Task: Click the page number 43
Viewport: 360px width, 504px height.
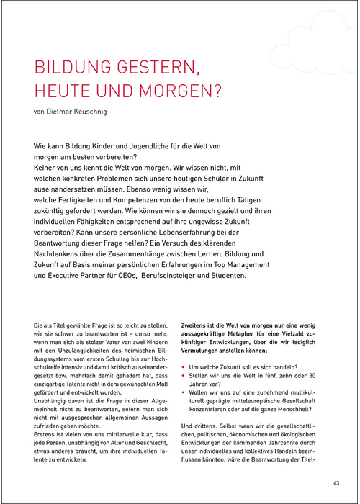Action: point(336,483)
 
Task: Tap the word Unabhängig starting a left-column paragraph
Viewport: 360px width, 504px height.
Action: point(53,402)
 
